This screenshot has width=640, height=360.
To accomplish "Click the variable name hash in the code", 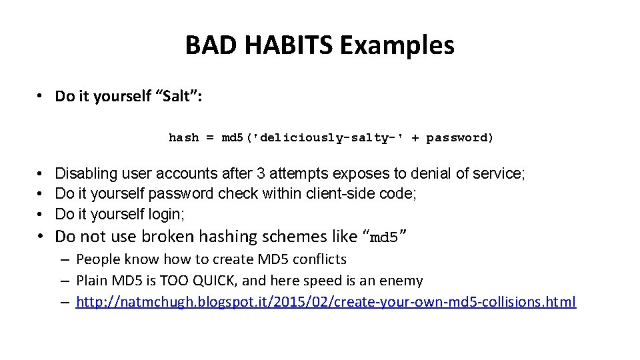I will [x=183, y=138].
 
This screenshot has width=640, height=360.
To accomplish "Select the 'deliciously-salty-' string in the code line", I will [x=316, y=138].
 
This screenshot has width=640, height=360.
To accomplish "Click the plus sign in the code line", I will [x=415, y=138].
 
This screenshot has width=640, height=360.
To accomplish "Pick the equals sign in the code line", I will [x=210, y=138].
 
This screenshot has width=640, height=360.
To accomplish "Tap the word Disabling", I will [x=85, y=174].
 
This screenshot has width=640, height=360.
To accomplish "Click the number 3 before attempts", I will [x=261, y=174].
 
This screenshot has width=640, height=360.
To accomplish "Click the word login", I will [x=167, y=214].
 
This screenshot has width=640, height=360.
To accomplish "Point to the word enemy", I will [x=402, y=281].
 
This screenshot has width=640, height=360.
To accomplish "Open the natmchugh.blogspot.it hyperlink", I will [x=326, y=302].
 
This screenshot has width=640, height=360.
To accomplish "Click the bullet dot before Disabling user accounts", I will [x=41, y=174].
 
